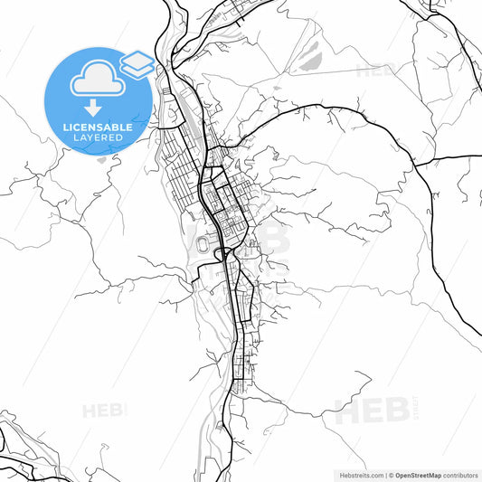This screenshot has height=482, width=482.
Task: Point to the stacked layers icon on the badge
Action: click(136, 63)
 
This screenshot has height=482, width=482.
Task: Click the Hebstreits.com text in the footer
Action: click(359, 474)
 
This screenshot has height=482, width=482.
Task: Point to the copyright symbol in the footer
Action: click(391, 474)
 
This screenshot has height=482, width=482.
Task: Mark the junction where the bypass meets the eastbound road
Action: click(422, 161)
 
